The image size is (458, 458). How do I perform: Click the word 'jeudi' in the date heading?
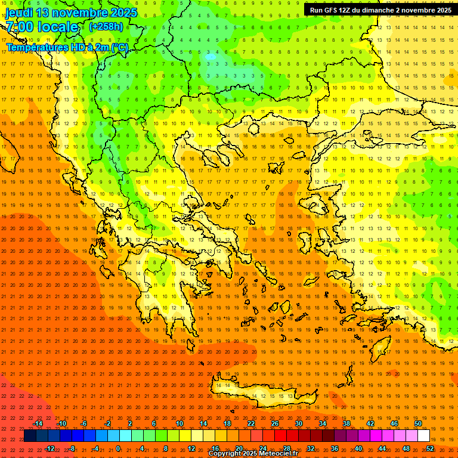(x=20, y=13)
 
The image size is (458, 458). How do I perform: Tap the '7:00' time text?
(x=19, y=27)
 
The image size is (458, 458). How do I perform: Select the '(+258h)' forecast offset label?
(x=106, y=26)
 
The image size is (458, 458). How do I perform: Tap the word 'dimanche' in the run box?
(x=382, y=10)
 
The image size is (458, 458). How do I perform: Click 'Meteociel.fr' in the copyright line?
(x=282, y=454)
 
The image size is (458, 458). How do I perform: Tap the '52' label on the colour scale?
(x=429, y=448)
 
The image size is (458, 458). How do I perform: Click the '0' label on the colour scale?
(x=117, y=448)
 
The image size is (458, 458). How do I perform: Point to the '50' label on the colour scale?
(x=418, y=423)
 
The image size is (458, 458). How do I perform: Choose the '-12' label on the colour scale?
(x=49, y=448)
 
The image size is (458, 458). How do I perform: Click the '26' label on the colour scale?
(x=274, y=423)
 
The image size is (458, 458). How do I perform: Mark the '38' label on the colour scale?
(x=346, y=423)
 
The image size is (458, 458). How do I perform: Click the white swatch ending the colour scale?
(x=423, y=435)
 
